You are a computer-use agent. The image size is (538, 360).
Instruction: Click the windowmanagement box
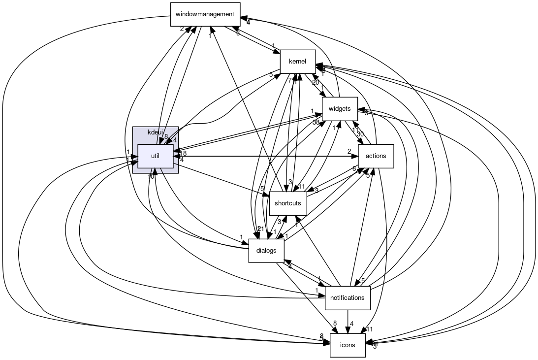pyautogui.click(x=205, y=14)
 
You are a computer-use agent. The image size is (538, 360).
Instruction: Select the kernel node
pyautogui.click(x=297, y=62)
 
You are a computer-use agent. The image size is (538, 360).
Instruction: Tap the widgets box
pyautogui.click(x=339, y=109)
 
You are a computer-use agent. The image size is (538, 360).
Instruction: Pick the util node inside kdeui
pyautogui.click(x=155, y=156)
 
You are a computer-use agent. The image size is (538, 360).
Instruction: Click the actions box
pyautogui.click(x=376, y=157)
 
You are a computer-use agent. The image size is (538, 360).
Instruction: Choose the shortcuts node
pyautogui.click(x=288, y=203)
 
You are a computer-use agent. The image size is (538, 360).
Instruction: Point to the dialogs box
pyautogui.click(x=266, y=250)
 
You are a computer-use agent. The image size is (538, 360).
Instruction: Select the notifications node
pyautogui.click(x=348, y=297)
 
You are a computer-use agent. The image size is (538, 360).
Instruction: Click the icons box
pyautogui.click(x=348, y=345)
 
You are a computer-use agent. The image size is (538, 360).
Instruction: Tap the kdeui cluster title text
pyautogui.click(x=155, y=132)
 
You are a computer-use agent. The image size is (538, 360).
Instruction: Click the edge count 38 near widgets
pyautogui.click(x=316, y=122)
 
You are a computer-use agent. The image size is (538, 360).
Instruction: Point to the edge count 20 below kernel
pyautogui.click(x=316, y=82)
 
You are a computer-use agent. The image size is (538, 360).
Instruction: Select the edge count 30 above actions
pyautogui.click(x=360, y=134)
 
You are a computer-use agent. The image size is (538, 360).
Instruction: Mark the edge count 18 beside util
pyautogui.click(x=183, y=153)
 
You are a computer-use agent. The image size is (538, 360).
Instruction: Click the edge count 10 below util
pyautogui.click(x=151, y=176)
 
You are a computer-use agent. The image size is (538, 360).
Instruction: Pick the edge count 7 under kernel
pyautogui.click(x=289, y=80)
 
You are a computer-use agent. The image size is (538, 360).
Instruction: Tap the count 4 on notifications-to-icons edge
pyautogui.click(x=352, y=324)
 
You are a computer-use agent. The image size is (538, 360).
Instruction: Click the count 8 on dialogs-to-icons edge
pyautogui.click(x=335, y=324)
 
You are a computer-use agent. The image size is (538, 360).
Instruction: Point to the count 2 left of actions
pyautogui.click(x=349, y=151)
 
